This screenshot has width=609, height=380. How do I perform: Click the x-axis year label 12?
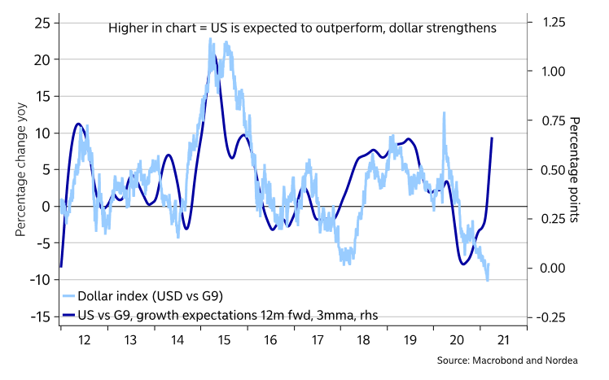pyautogui.click(x=85, y=343)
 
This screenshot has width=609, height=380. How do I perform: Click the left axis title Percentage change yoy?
pyautogui.click(x=20, y=169)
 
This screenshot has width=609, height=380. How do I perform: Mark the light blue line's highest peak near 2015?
pyautogui.click(x=211, y=39)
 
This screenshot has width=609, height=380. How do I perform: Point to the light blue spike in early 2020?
pyautogui.click(x=444, y=113)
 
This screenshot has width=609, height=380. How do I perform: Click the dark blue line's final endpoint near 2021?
pyautogui.click(x=492, y=138)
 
